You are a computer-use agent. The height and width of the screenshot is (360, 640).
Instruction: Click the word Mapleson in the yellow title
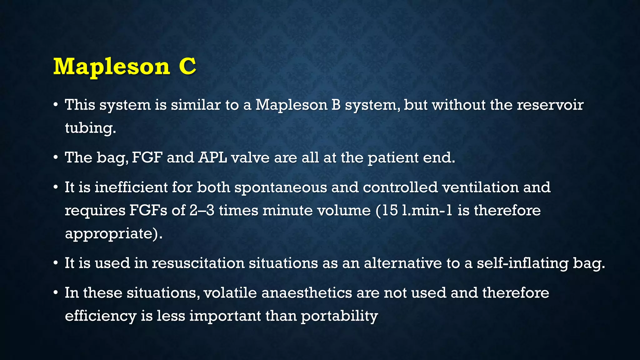(x=112, y=67)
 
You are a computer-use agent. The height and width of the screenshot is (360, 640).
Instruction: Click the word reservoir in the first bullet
(x=550, y=105)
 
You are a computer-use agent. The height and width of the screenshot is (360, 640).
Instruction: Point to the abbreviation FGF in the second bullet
(x=147, y=157)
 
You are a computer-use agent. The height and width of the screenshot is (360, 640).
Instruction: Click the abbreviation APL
(x=212, y=157)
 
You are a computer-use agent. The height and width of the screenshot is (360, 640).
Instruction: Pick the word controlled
(x=400, y=187)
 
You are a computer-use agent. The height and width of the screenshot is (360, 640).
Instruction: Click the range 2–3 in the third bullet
(x=202, y=210)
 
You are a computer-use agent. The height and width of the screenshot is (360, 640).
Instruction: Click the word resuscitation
(x=198, y=263)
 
